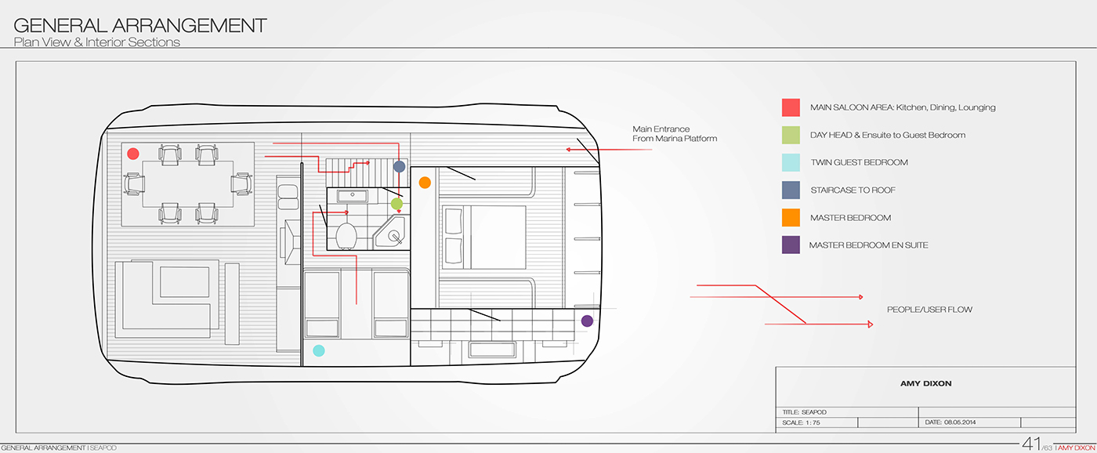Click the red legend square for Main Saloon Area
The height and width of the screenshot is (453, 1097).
point(791,107)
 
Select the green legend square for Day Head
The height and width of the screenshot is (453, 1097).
point(791,135)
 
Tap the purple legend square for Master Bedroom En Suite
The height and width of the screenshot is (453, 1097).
point(791,245)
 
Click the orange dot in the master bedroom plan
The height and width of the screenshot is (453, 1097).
point(425,183)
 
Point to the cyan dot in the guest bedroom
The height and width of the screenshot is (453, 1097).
point(319,350)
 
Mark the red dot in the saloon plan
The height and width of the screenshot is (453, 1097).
point(133,154)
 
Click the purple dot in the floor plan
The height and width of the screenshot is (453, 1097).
point(587,321)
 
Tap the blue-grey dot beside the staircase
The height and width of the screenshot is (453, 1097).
point(399,166)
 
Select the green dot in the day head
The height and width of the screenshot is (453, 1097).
point(396,204)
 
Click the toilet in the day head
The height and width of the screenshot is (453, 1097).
point(346,234)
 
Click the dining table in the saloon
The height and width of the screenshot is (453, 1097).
point(187,184)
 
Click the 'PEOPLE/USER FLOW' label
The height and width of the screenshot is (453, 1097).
point(929,310)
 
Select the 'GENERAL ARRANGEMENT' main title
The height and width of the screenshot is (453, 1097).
point(140,26)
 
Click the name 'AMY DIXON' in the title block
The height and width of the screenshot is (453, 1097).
point(925,384)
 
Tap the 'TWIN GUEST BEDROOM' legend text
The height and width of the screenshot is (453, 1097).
point(859,162)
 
